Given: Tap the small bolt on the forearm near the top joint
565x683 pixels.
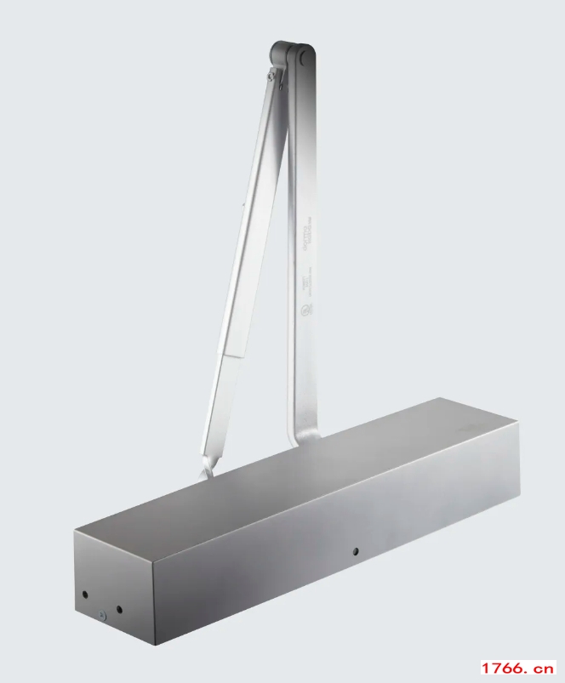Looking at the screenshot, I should point(271,77).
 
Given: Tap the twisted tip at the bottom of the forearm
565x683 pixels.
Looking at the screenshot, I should point(207,470).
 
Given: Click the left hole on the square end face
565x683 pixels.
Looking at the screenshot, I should point(84,595).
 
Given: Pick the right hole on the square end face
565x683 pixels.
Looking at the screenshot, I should point(119,609).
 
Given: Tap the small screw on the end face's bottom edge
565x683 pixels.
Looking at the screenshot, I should point(100,617).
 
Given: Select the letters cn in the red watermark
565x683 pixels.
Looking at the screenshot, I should point(544,668).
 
